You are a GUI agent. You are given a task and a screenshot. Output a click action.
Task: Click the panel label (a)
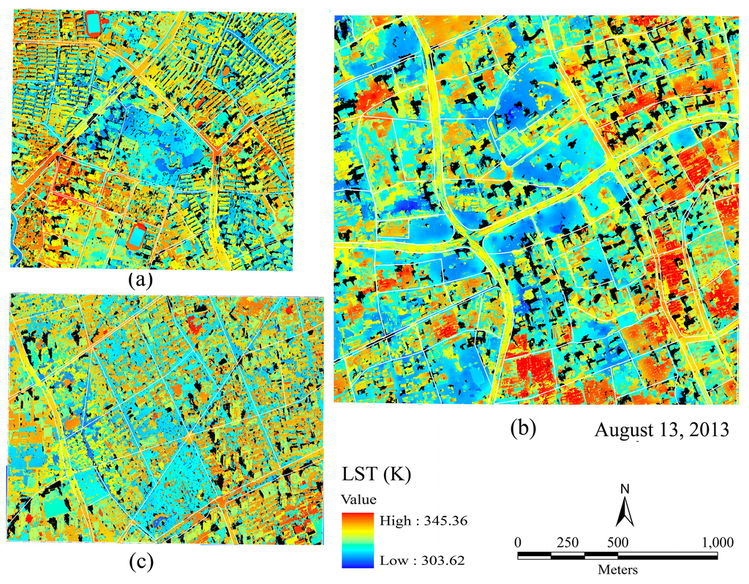[138, 280]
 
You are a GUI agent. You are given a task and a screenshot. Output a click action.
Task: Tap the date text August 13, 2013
[661, 430]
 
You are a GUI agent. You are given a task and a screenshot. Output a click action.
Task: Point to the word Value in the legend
[358, 501]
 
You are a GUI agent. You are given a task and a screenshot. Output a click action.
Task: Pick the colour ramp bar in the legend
[357, 541]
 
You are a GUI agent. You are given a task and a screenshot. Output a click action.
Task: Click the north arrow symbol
[623, 511]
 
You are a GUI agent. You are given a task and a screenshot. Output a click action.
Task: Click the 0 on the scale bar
[518, 543]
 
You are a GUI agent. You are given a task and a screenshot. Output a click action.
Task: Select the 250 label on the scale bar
[568, 543]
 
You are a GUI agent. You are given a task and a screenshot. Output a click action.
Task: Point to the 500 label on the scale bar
[618, 543]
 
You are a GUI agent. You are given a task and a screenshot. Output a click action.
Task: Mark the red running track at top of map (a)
[94, 23]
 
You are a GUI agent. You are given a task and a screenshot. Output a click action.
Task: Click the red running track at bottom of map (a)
[136, 237]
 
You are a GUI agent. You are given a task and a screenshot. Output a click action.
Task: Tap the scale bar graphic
[617, 555]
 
